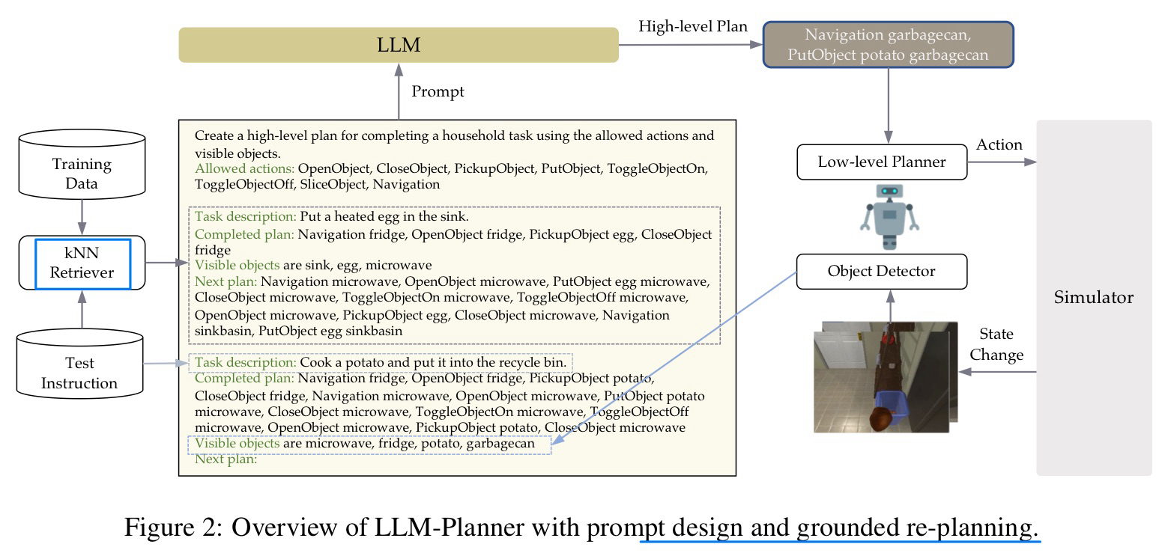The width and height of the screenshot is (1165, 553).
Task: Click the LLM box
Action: tap(398, 46)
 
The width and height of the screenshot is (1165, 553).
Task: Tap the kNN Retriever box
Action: tap(82, 263)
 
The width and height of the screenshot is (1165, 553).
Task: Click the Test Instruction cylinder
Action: tap(80, 373)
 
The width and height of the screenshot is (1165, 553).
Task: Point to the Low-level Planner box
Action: tap(882, 162)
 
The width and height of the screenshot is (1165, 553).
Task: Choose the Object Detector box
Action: tap(882, 271)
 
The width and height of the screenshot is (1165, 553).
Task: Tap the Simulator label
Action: tap(1093, 297)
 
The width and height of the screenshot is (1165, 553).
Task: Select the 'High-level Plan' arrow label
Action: tap(692, 27)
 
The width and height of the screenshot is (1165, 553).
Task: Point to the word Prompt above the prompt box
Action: tap(438, 91)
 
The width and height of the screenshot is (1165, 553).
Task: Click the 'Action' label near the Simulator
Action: tap(999, 144)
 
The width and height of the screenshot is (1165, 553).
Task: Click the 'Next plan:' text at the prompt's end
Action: tap(226, 459)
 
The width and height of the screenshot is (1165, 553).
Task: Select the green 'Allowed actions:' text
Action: tap(244, 168)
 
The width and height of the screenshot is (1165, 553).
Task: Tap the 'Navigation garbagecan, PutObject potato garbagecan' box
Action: tap(888, 45)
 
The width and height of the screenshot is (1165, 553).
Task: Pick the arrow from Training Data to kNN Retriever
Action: tap(82, 216)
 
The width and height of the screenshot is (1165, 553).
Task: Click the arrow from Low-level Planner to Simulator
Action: tap(1001, 162)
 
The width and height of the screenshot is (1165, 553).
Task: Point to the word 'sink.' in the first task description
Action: tap(451, 217)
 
